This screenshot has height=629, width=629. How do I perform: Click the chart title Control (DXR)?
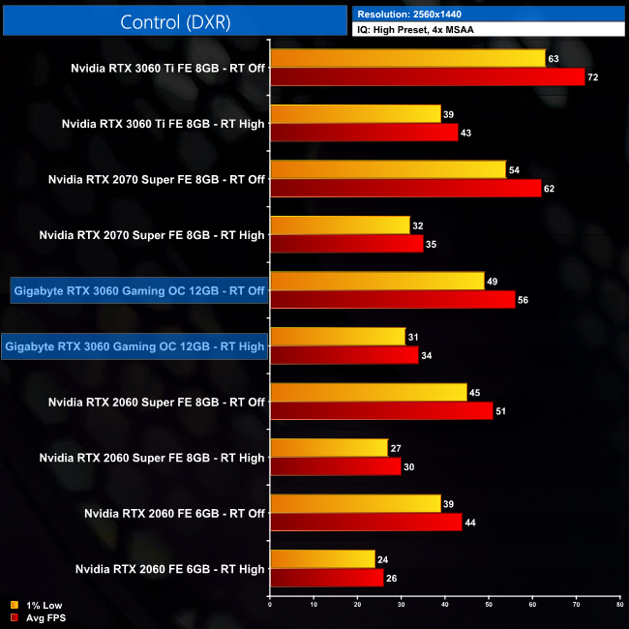[174, 21]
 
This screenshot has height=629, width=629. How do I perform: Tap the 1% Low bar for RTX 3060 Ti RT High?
[355, 114]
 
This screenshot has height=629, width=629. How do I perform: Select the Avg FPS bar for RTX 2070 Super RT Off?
[405, 188]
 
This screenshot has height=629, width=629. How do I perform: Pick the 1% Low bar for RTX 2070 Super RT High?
[340, 225]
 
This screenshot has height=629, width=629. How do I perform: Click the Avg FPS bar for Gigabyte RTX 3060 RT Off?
[392, 299]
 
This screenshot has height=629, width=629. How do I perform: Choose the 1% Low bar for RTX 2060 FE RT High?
[322, 558]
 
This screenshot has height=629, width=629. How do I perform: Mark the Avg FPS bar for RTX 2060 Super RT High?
[336, 465]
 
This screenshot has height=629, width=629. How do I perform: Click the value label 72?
[593, 77]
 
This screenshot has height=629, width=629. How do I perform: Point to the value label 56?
[523, 300]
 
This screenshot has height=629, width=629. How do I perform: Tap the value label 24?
[382, 558]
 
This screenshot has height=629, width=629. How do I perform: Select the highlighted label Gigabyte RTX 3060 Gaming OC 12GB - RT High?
[135, 345]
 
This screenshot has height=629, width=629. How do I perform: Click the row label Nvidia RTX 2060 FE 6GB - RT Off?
[174, 513]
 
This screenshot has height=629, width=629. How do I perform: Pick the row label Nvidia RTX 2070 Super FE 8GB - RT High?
[151, 234]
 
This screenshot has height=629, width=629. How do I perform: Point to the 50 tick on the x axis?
[489, 605]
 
